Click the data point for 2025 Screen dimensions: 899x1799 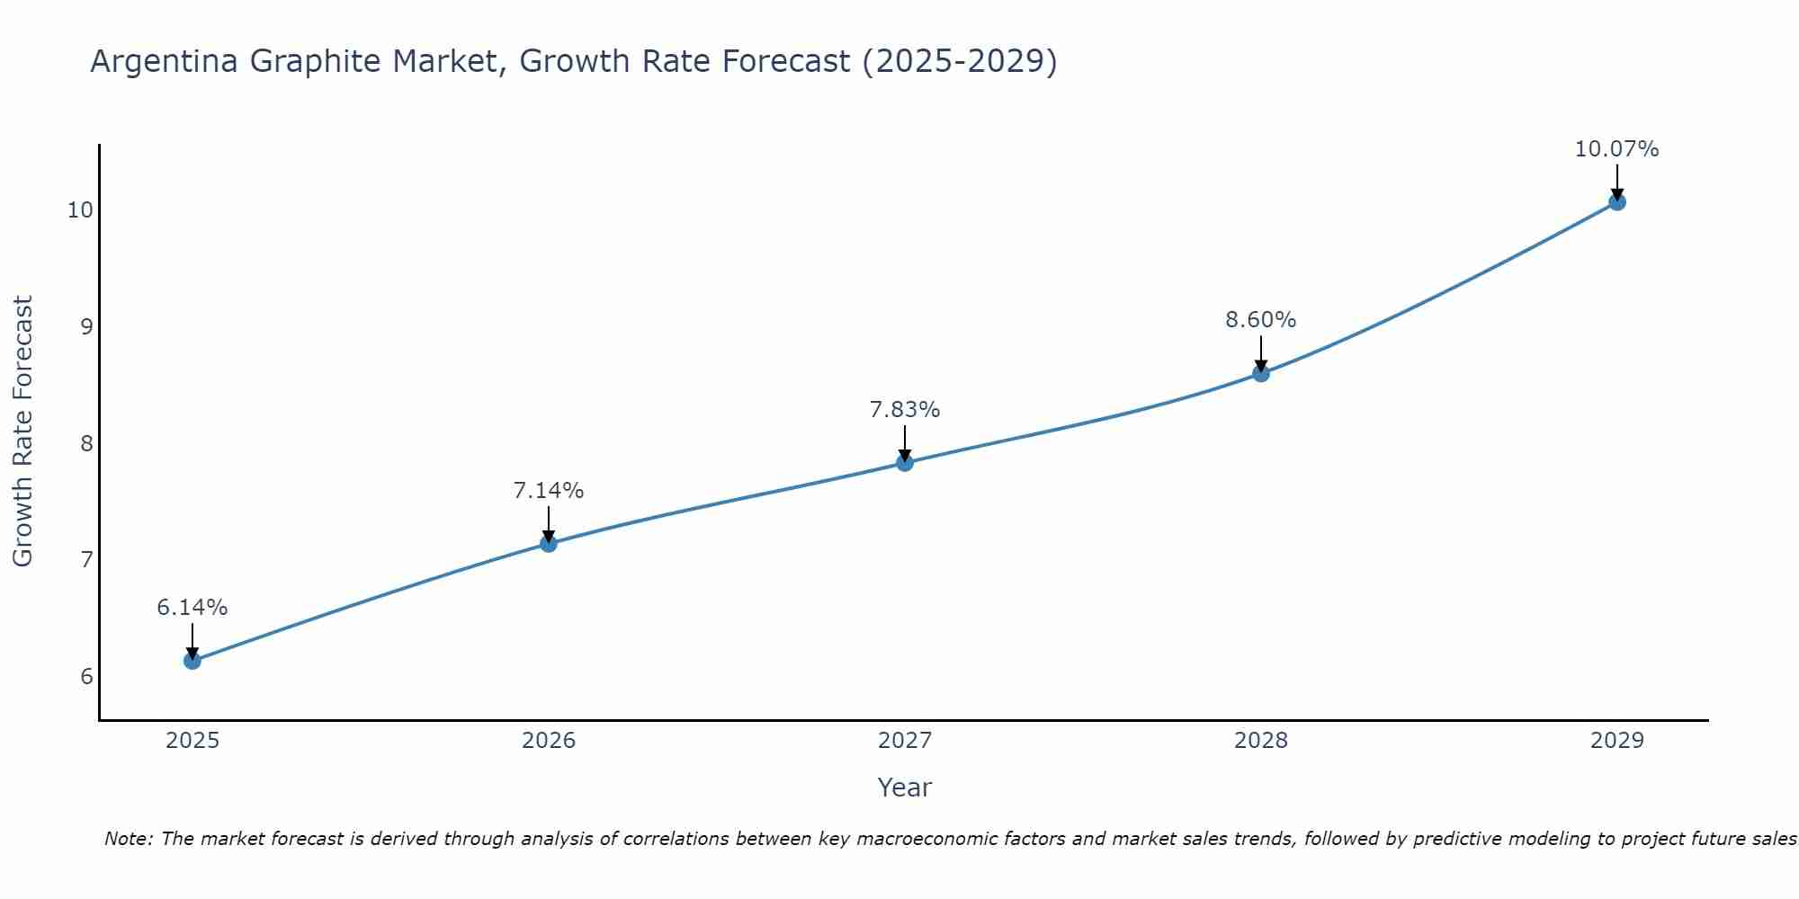(x=192, y=661)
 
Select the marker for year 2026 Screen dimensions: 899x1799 (x=549, y=543)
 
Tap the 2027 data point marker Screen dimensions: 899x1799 (x=905, y=463)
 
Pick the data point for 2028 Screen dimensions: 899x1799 (x=1261, y=373)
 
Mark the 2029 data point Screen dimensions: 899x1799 (x=1617, y=202)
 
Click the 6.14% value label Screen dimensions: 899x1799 (x=192, y=608)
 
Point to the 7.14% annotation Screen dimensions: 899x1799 (x=549, y=491)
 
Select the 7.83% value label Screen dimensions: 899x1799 (x=905, y=410)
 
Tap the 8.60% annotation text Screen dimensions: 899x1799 (x=1261, y=320)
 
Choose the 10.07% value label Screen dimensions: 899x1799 (x=1617, y=149)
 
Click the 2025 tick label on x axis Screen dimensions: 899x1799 (x=192, y=741)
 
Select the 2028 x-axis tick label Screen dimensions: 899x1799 (x=1261, y=741)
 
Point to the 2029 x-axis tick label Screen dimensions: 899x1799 (x=1617, y=741)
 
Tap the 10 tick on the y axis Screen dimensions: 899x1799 (x=80, y=210)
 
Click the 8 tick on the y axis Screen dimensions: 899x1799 (x=86, y=443)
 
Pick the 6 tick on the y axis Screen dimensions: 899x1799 (x=86, y=676)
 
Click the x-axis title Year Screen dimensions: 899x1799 (x=905, y=788)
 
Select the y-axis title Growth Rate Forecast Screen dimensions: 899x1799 (x=23, y=432)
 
